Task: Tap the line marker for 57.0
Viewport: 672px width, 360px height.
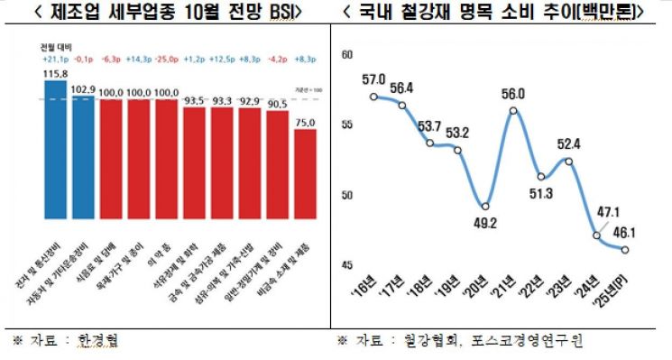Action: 373,96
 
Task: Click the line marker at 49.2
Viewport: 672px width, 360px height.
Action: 485,206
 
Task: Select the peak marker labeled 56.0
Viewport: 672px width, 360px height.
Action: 513,110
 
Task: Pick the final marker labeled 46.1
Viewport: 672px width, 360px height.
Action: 625,250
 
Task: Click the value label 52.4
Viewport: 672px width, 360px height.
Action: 568,143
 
